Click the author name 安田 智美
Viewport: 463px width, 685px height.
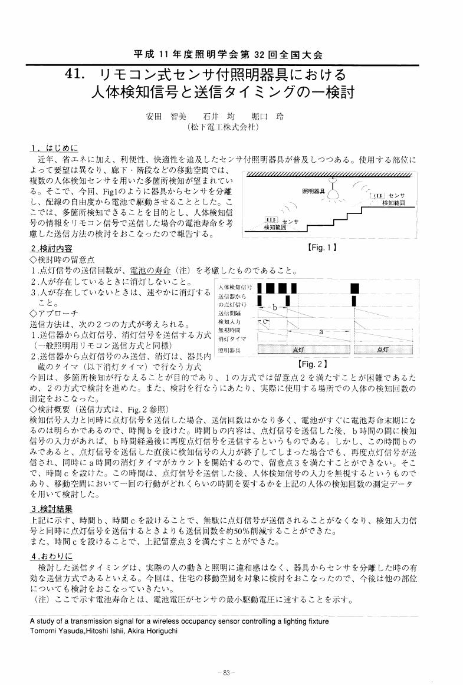[x=162, y=116]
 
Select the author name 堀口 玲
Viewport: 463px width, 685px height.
[x=272, y=116]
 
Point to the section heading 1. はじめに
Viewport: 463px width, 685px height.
[x=54, y=147]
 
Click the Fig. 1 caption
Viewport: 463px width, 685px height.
[x=322, y=248]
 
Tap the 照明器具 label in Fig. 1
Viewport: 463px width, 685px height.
[x=314, y=191]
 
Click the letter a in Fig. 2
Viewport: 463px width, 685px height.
[x=321, y=332]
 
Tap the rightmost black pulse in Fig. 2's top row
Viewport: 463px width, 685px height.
[x=356, y=288]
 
